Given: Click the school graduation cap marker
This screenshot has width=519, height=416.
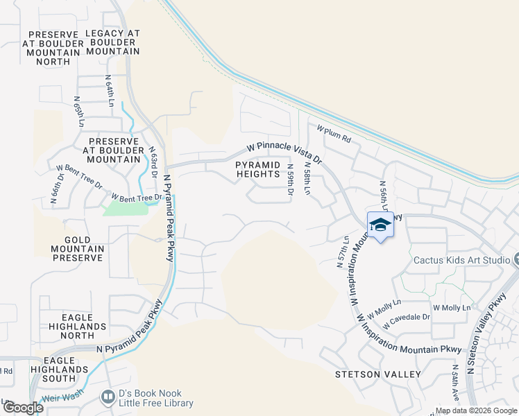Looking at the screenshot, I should coord(380,225).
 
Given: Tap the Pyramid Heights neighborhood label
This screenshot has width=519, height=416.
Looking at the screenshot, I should coord(257,169).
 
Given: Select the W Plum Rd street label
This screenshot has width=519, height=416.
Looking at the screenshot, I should coord(334,134).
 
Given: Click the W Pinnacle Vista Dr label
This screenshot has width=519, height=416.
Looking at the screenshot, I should coord(285,153).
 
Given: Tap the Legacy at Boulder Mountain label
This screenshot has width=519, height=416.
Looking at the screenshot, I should coord(112,42).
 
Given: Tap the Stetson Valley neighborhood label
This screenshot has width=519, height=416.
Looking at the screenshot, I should coord(378,374).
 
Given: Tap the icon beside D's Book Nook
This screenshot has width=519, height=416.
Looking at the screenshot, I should coord(108,397).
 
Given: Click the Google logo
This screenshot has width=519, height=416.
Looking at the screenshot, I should coord(22,408).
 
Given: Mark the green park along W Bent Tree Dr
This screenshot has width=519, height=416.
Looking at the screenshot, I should coord(125,207).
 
